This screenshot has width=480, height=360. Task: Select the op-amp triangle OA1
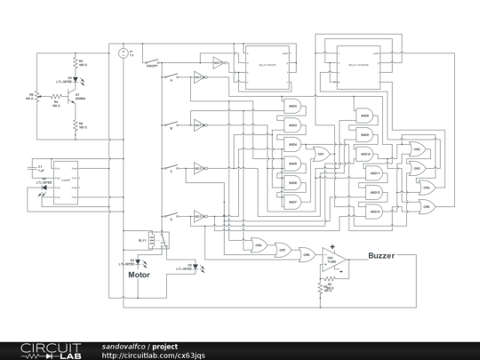332,259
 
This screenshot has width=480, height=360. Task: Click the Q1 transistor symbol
72,96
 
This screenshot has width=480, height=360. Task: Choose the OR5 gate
427,206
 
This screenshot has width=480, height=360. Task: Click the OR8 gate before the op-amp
306,254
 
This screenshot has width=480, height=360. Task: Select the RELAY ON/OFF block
268,66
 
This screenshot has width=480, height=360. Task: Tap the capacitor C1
38,168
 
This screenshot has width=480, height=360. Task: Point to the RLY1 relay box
156,241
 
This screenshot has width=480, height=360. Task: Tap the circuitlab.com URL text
155,356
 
